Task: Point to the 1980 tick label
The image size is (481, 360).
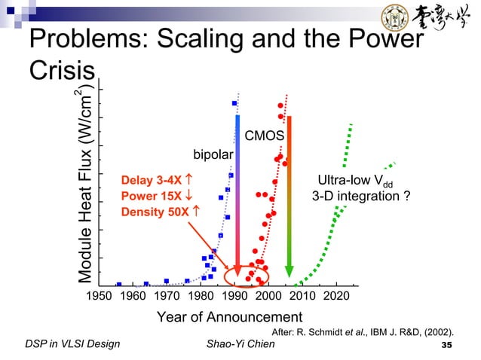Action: (x=199, y=296)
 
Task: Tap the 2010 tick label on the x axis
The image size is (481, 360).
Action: (x=302, y=296)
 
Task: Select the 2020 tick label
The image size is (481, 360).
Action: (x=336, y=296)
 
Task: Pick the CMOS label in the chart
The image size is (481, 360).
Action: (x=264, y=136)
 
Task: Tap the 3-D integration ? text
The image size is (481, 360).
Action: (x=361, y=197)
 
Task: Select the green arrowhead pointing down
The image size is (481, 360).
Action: (x=288, y=269)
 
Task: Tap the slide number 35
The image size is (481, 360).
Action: (x=449, y=345)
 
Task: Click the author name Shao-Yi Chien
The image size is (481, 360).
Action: (x=241, y=344)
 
